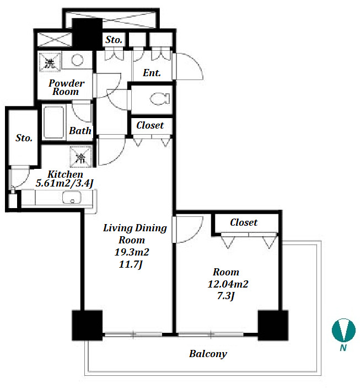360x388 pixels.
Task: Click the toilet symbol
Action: point(160,99)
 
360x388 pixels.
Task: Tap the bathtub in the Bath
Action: point(53,122)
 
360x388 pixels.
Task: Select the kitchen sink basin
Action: point(72,197)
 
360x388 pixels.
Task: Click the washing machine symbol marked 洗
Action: point(50,62)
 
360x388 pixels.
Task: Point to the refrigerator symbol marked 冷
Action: point(80,156)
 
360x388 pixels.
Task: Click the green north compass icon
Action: point(343,330)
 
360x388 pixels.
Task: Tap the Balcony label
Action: point(208,354)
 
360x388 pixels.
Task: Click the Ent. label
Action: point(152,73)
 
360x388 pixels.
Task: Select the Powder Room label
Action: point(66,87)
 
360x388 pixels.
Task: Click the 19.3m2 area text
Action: point(132,252)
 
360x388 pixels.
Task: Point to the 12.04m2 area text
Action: point(228,284)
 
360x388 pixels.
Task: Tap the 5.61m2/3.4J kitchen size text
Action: point(65,183)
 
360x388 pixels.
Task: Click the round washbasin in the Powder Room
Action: point(77,60)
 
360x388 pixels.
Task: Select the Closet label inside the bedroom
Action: point(244,222)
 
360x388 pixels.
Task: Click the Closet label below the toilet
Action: point(150,125)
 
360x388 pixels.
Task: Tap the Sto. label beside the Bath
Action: point(24,138)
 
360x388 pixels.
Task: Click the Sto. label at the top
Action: point(114,40)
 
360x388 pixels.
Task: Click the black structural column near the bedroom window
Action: point(273,326)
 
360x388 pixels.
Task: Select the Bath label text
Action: point(80,131)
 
